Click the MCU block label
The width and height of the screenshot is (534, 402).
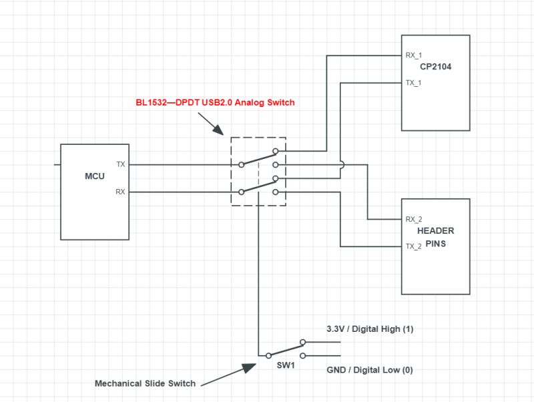(95, 177)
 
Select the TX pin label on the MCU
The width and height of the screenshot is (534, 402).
(120, 164)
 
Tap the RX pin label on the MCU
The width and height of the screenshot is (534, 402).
(120, 192)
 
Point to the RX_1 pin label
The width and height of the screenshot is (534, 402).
(414, 56)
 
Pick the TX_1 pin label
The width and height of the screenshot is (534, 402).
(414, 83)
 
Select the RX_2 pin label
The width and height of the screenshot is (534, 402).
(414, 219)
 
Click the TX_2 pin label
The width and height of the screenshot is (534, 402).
(414, 246)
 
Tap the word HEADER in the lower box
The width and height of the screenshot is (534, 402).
(435, 231)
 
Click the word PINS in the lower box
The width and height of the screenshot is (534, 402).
(435, 244)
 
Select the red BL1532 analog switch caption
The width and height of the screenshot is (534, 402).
(214, 103)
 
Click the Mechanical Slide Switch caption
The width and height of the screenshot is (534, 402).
(145, 383)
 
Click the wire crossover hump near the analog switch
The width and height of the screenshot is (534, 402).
(341, 164)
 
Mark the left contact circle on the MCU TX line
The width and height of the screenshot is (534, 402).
(242, 164)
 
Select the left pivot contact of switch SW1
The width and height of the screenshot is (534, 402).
(269, 355)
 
